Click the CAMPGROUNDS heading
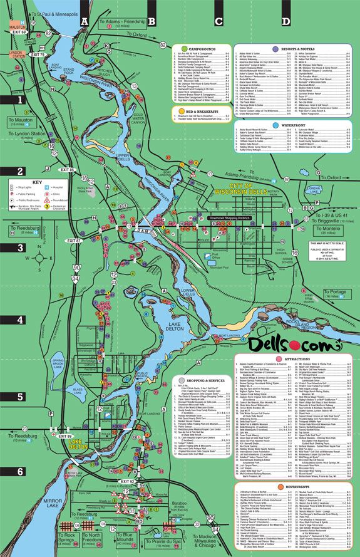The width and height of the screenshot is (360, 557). (x=200, y=47)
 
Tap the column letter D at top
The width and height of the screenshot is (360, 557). (x=285, y=21)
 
